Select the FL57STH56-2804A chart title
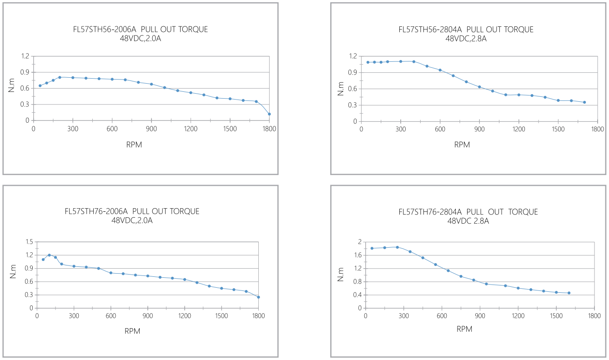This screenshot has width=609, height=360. pyautogui.click(x=466, y=30)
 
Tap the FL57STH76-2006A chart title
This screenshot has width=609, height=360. pyautogui.click(x=132, y=211)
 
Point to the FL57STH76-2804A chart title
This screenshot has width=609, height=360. pyautogui.click(x=468, y=212)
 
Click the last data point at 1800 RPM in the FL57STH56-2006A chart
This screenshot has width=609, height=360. pyautogui.click(x=269, y=114)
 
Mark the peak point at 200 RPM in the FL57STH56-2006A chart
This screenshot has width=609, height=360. pyautogui.click(x=60, y=77)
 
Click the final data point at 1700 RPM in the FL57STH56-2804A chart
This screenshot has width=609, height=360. pyautogui.click(x=584, y=102)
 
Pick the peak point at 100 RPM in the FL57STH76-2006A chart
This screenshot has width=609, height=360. pyautogui.click(x=49, y=255)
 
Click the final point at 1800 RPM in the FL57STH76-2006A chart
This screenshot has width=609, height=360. pyautogui.click(x=258, y=297)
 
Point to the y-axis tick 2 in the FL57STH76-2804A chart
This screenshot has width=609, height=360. pyautogui.click(x=359, y=242)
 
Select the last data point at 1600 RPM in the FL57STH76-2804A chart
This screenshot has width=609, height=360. pyautogui.click(x=569, y=293)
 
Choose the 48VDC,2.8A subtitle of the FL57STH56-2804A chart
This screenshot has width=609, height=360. pyautogui.click(x=466, y=39)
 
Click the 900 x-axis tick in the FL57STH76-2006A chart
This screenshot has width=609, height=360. pyautogui.click(x=147, y=315)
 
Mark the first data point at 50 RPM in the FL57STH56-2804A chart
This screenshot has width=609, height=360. pyautogui.click(x=368, y=62)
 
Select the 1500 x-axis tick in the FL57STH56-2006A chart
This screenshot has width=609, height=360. pyautogui.click(x=230, y=129)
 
